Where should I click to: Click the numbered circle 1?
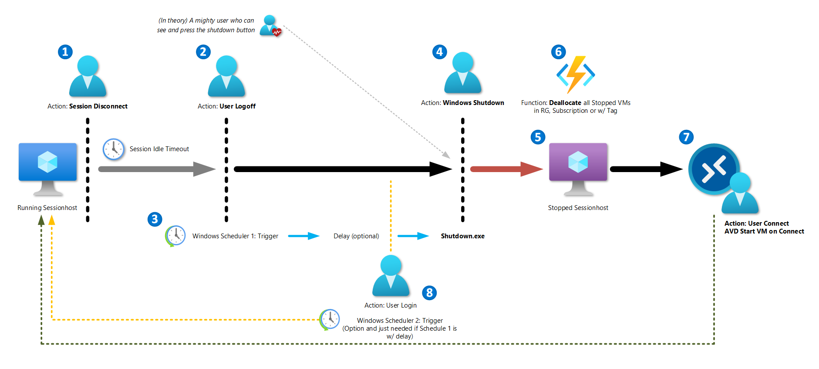click(65, 52)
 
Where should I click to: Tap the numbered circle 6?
click(558, 52)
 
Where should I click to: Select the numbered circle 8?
click(429, 292)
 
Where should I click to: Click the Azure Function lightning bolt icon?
click(576, 74)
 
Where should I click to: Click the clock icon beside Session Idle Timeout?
click(114, 149)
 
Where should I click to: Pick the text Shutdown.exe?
click(462, 236)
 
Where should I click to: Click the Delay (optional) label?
click(356, 236)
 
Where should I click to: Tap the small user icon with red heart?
click(270, 26)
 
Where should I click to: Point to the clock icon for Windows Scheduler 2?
click(330, 320)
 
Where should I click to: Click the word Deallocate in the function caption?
click(565, 103)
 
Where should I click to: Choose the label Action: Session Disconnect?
click(88, 106)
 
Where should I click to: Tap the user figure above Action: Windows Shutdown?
click(462, 73)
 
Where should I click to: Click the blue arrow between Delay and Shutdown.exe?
click(413, 236)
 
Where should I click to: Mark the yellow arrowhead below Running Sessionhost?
click(52, 220)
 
